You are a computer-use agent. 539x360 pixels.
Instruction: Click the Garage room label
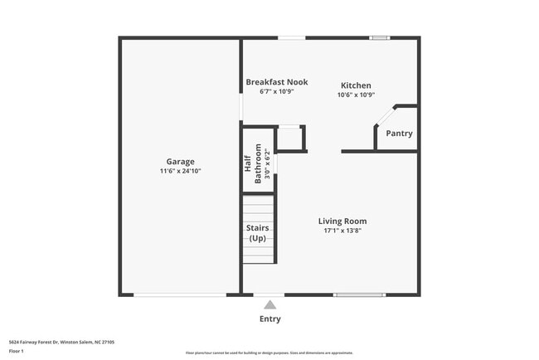[x=180, y=162]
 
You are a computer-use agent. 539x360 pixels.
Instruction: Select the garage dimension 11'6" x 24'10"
[x=180, y=171]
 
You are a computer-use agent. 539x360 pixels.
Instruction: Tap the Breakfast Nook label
[x=277, y=82]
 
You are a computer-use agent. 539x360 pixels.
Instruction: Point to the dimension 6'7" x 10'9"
[x=277, y=91]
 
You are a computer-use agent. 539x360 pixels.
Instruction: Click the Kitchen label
[x=356, y=85]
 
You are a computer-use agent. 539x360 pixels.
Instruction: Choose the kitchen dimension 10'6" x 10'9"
[x=356, y=95]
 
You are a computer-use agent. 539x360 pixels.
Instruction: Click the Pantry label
[x=399, y=134]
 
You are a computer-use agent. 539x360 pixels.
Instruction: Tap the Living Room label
[x=342, y=221]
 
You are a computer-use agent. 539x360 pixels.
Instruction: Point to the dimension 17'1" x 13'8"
[x=342, y=231]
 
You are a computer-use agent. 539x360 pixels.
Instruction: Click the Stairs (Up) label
[x=258, y=233]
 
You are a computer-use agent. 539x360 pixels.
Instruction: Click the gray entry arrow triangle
[x=269, y=305]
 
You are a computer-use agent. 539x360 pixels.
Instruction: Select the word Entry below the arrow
[x=269, y=319]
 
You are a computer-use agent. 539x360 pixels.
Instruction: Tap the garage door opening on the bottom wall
[x=180, y=294]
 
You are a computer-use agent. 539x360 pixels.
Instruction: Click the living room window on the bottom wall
[x=359, y=294]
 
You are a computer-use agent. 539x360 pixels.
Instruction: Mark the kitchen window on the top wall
[x=380, y=37]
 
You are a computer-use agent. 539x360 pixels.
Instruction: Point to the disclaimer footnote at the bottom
[x=269, y=353]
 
